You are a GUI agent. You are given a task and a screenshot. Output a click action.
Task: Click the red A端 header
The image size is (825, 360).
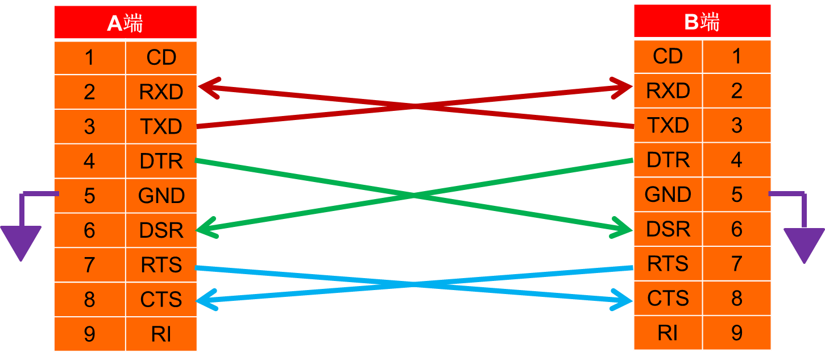click(126, 22)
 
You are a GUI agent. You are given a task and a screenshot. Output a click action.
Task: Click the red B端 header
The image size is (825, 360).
click(702, 21)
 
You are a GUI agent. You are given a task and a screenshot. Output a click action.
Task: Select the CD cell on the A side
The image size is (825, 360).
click(161, 57)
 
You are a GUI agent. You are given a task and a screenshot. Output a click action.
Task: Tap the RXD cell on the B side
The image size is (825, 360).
click(668, 90)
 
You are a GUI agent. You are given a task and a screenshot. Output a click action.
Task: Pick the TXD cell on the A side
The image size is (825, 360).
click(161, 126)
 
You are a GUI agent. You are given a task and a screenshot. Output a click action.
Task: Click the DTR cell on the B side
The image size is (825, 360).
click(668, 160)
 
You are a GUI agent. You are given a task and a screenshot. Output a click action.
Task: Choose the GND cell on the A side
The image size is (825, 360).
click(161, 196)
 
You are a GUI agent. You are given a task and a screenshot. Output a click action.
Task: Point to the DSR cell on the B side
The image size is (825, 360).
click(668, 229)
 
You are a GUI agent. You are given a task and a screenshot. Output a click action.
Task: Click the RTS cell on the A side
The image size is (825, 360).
click(161, 264)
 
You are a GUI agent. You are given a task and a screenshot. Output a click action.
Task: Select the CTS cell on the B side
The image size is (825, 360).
click(668, 298)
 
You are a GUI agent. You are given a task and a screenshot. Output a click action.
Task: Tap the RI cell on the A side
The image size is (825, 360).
click(161, 334)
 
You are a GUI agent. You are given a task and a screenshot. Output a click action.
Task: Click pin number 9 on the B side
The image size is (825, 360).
click(737, 333)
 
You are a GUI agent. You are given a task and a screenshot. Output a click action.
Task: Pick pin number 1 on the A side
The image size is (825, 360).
click(90, 57)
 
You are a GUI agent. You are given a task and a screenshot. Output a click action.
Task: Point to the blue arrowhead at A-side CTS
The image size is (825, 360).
click(208, 300)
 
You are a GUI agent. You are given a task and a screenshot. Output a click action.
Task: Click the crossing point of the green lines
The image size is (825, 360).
click(414, 195)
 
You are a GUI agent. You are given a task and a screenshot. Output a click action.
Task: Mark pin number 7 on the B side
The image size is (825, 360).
click(737, 263)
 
